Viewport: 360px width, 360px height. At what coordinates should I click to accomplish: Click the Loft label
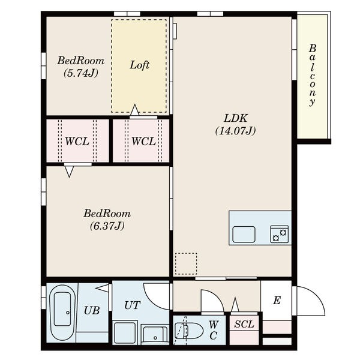click(140, 65)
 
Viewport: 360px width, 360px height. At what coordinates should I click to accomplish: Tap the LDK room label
click(236, 118)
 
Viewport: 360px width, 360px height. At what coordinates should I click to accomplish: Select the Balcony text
click(312, 75)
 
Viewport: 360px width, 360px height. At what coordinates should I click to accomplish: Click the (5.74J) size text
click(81, 73)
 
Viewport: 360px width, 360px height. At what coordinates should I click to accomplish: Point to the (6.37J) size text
click(107, 226)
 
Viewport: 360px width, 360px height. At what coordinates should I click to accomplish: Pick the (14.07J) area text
click(236, 131)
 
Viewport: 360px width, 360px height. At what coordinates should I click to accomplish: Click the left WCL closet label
click(77, 142)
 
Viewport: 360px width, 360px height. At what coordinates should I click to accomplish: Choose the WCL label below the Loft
click(143, 142)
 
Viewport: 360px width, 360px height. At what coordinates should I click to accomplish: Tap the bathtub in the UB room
click(62, 313)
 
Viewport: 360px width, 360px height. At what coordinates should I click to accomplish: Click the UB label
click(92, 311)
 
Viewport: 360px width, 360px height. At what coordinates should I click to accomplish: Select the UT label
click(132, 305)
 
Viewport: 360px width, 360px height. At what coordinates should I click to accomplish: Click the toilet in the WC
click(189, 331)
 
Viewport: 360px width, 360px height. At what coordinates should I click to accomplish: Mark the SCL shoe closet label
click(244, 324)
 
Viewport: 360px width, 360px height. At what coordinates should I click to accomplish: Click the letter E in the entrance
click(277, 301)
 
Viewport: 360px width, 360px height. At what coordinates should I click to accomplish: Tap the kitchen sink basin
click(244, 234)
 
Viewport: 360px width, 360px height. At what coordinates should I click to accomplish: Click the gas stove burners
click(280, 234)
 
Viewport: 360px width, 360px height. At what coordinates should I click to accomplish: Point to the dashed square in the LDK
click(186, 263)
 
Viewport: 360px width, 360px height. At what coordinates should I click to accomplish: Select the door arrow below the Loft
click(135, 110)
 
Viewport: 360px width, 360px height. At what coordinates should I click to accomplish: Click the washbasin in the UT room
click(155, 334)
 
